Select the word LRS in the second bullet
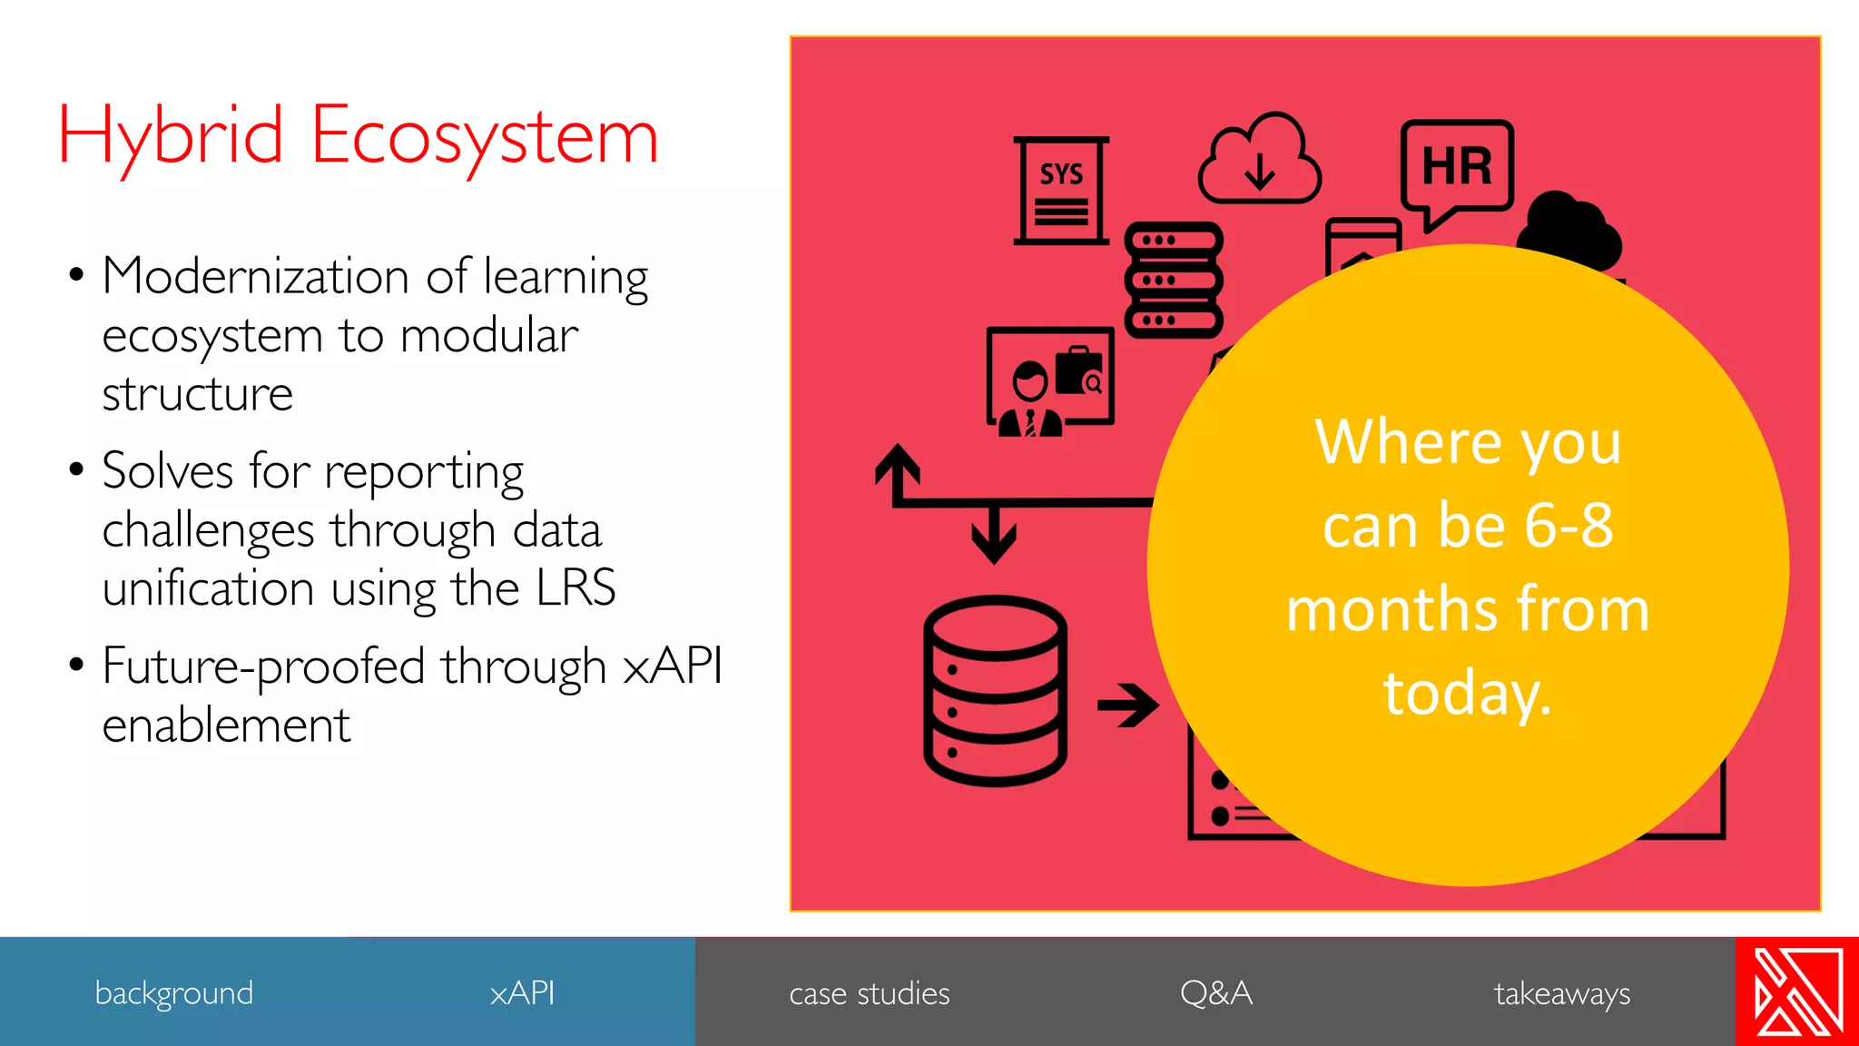click(x=575, y=588)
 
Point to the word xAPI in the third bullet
click(x=673, y=666)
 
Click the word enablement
click(x=226, y=725)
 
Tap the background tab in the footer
click(x=173, y=992)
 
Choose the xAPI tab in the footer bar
click(x=522, y=992)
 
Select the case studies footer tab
click(x=869, y=993)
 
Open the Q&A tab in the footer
click(x=1215, y=992)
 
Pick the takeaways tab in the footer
click(x=1561, y=993)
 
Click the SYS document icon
click(x=1061, y=191)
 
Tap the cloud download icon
click(x=1259, y=161)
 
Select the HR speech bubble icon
click(x=1457, y=169)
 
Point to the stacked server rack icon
click(x=1174, y=280)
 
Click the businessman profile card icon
click(x=1050, y=381)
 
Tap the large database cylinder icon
click(x=995, y=690)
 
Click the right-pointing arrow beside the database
click(x=1127, y=705)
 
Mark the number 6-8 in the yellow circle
click(x=1569, y=525)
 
